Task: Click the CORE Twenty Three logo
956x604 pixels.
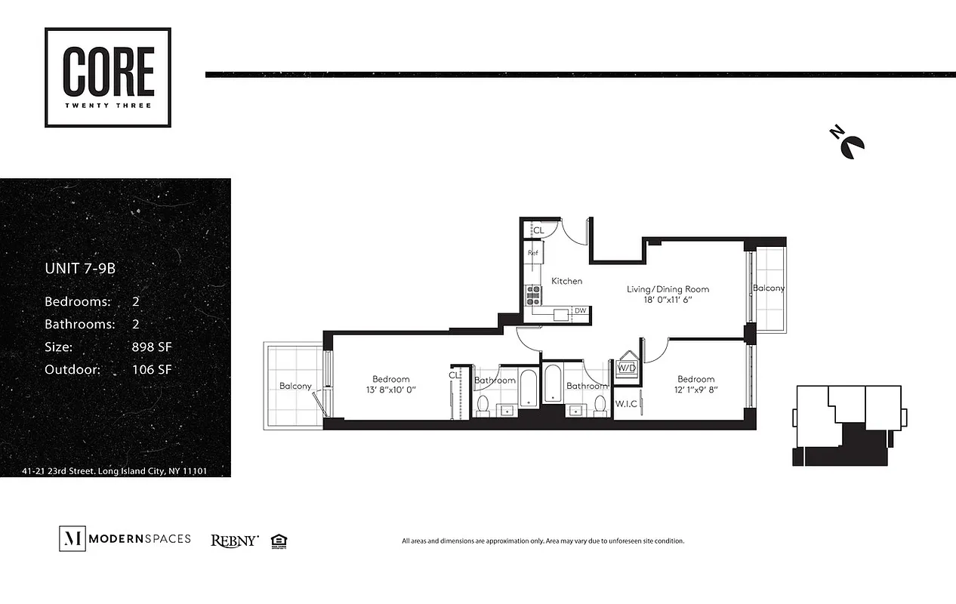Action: (x=108, y=78)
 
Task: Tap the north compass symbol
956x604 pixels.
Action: (x=850, y=142)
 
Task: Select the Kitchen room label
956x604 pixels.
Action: (x=566, y=282)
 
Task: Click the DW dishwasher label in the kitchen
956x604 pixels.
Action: (x=580, y=310)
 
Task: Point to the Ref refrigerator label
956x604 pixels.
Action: (x=532, y=254)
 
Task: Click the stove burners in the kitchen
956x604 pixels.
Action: (x=535, y=294)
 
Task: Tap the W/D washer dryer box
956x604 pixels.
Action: (x=627, y=368)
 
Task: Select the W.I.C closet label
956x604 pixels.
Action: (x=627, y=404)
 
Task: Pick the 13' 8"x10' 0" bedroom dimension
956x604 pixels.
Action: (x=390, y=390)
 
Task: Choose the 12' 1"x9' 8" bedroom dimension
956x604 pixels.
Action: (x=695, y=390)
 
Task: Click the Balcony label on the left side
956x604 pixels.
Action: (x=295, y=386)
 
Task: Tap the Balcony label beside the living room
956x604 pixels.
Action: (x=768, y=288)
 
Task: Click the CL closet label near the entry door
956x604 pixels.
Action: (x=538, y=230)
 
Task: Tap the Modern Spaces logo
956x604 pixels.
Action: (x=125, y=539)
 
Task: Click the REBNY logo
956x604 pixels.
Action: (x=235, y=541)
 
